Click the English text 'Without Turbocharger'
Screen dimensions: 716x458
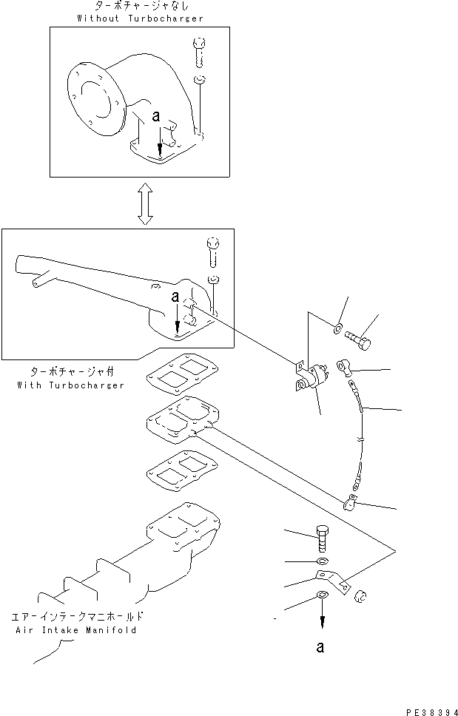140,18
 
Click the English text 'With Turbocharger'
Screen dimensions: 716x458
70,385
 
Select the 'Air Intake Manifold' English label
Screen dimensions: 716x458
74,630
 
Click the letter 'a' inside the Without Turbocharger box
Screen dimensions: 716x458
155,117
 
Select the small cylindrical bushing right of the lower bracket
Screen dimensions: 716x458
360,596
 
